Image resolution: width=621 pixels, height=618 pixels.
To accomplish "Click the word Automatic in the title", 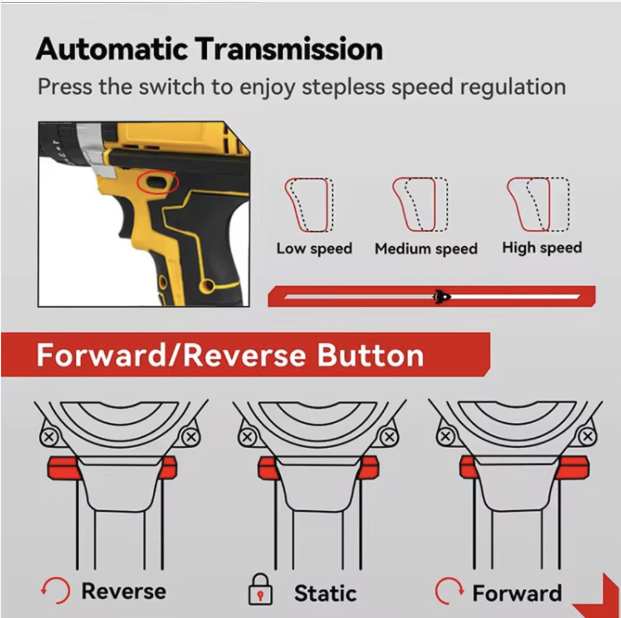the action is [112, 49].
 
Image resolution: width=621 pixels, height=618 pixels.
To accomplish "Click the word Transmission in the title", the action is [290, 49].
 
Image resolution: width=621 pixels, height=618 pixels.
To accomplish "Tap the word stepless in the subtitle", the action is [343, 87].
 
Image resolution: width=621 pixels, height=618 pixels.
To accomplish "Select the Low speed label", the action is [315, 249].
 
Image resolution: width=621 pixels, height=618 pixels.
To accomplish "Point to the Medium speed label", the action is [426, 249].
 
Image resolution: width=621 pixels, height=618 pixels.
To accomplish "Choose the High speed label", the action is [542, 248].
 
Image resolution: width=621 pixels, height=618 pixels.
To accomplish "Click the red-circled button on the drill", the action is [158, 182].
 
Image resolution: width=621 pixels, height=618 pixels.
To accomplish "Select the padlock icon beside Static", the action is [260, 589].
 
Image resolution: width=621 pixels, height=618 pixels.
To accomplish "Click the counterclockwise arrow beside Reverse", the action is [55, 590].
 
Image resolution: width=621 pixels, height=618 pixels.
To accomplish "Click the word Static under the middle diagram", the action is [325, 593].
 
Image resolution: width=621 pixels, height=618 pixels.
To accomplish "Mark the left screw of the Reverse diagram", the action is [49, 437].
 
